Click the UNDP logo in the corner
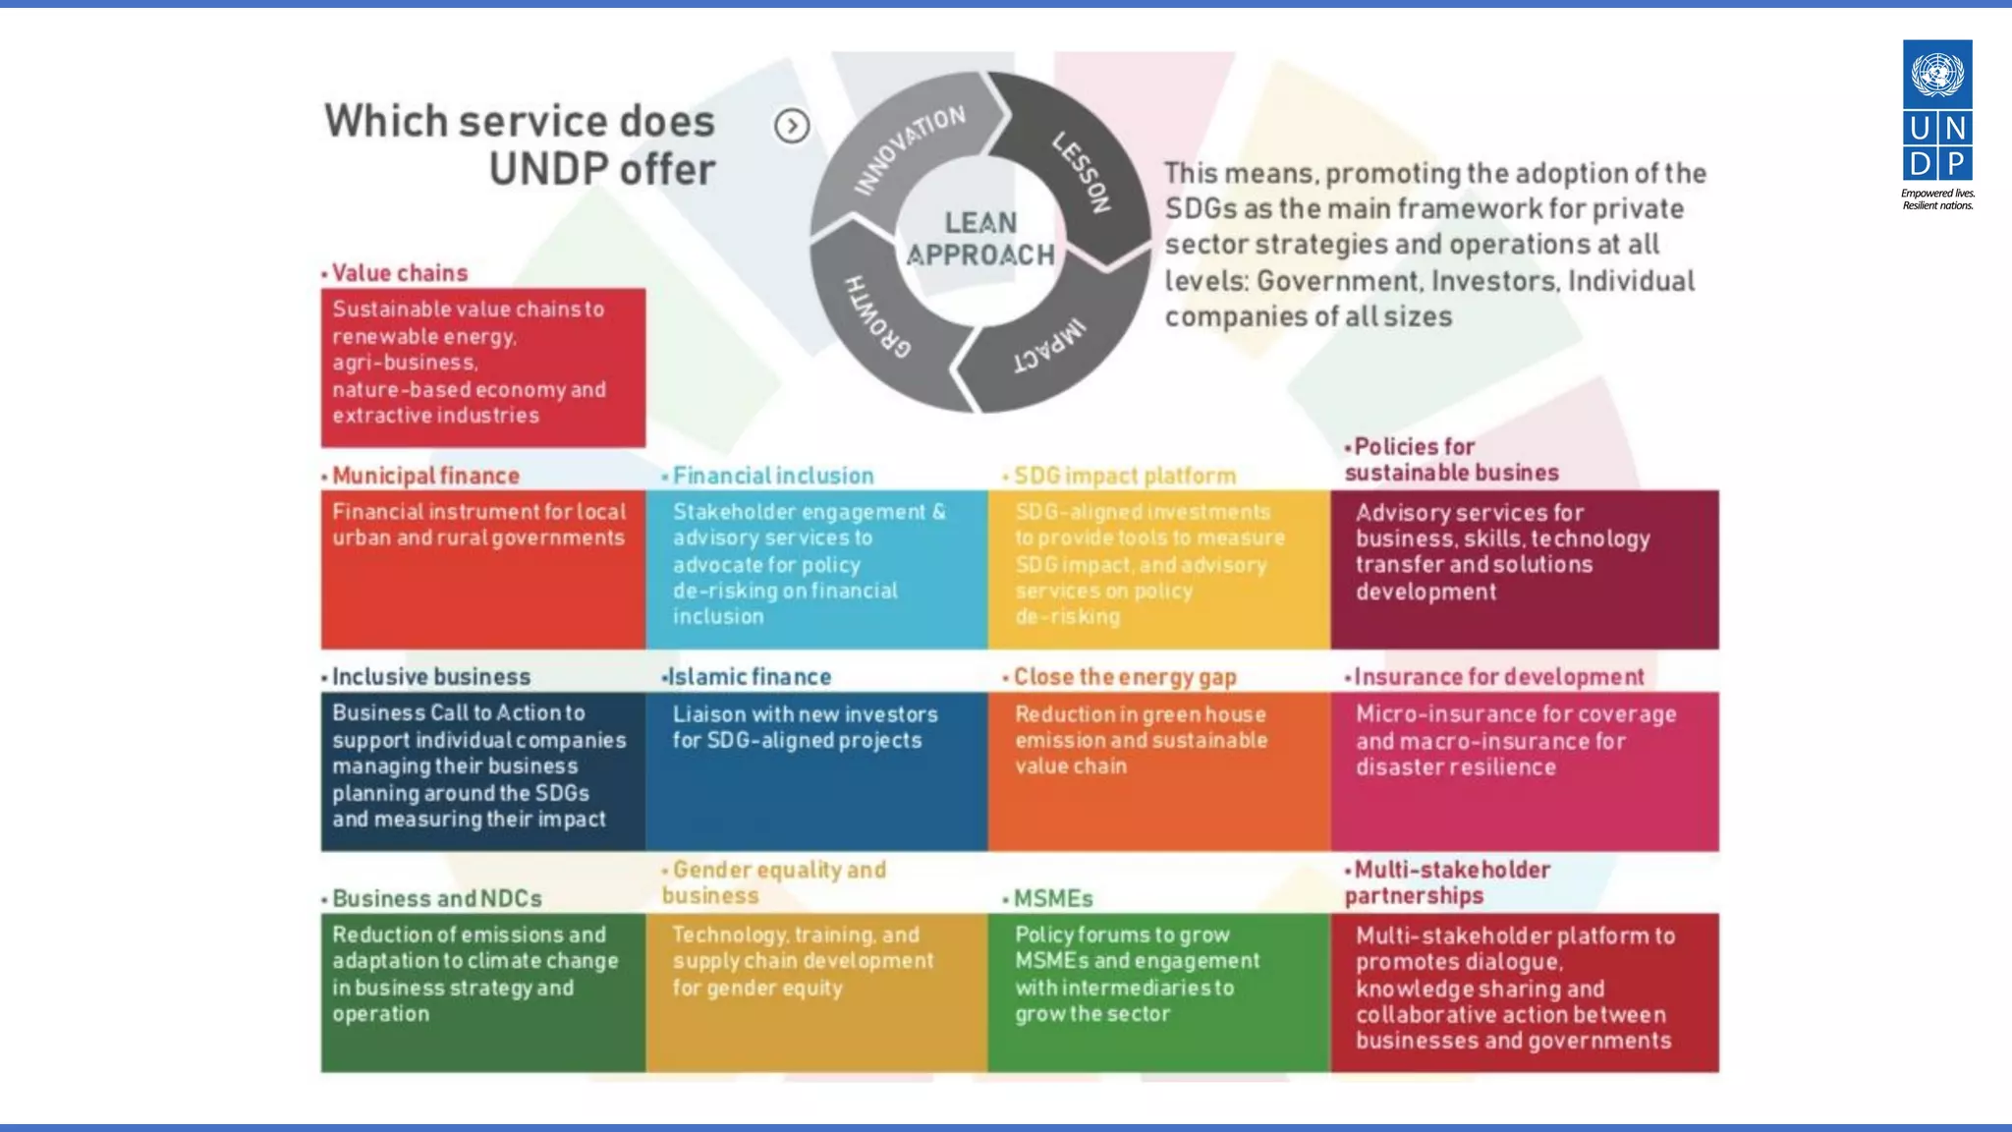click(x=1937, y=124)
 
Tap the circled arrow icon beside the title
click(x=792, y=126)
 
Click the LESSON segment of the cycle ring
click(x=1082, y=172)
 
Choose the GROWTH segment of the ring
click(x=877, y=316)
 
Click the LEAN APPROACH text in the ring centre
click(x=979, y=239)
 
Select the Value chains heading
click(x=399, y=273)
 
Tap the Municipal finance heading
click(x=424, y=476)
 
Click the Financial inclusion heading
click(x=772, y=476)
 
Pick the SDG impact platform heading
click(x=1124, y=476)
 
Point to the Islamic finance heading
click(x=749, y=677)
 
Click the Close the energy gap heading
click(x=1124, y=677)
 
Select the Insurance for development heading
click(x=1498, y=677)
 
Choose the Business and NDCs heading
click(x=436, y=899)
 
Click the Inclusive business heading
click(x=430, y=677)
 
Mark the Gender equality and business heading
click(x=776, y=882)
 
